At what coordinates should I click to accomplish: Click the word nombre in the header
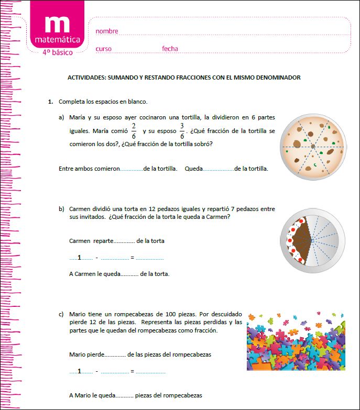tap(107, 31)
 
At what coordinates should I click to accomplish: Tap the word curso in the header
tap(103, 49)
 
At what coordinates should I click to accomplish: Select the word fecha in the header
tap(170, 49)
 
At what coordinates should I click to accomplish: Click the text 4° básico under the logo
tap(58, 52)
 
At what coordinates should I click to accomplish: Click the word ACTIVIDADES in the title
tap(86, 77)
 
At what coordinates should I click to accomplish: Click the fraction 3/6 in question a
tap(182, 131)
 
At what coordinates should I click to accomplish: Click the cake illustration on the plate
tap(312, 239)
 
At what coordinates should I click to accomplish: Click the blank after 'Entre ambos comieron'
tap(132, 170)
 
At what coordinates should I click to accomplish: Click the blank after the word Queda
tap(219, 170)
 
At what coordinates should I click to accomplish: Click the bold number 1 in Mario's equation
tap(79, 371)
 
